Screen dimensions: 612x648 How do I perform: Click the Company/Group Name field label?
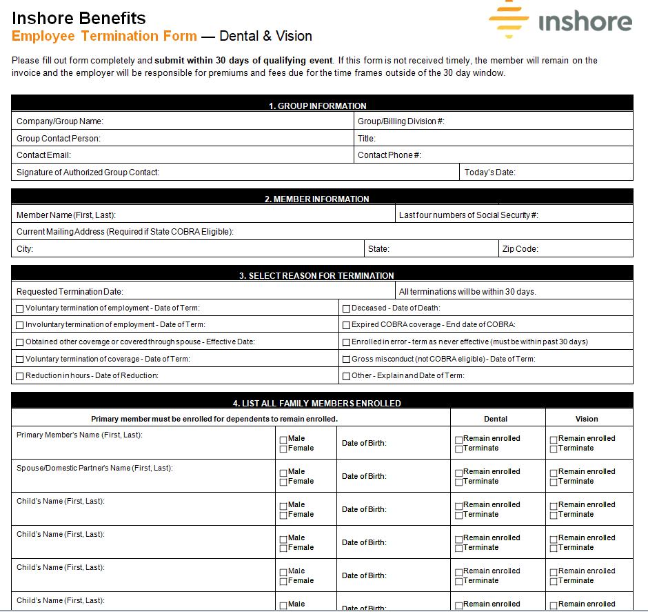point(59,121)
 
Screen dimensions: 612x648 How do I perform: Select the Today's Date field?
point(545,172)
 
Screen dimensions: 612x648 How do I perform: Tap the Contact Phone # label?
point(389,155)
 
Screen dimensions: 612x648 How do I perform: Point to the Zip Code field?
point(565,249)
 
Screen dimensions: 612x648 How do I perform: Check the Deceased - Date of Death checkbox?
point(346,308)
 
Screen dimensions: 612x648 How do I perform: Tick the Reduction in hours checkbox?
point(20,376)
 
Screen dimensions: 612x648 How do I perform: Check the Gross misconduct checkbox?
point(346,359)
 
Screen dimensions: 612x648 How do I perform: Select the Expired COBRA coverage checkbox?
point(346,325)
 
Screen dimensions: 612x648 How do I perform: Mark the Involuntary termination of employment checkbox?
point(20,325)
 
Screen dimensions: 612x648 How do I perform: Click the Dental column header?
point(496,419)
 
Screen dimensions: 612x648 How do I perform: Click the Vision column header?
point(587,419)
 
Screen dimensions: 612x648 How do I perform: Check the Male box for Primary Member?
point(283,440)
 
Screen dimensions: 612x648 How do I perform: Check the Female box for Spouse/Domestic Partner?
point(283,482)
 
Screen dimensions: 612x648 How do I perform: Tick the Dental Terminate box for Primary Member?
point(459,449)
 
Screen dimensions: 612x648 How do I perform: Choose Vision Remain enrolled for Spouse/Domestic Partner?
point(554,473)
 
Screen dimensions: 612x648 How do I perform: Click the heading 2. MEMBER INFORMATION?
point(317,199)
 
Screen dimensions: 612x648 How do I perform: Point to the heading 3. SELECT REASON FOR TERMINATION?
point(316,276)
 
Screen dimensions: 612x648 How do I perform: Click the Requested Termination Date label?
point(70,292)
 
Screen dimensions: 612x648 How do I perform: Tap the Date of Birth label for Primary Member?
point(364,443)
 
